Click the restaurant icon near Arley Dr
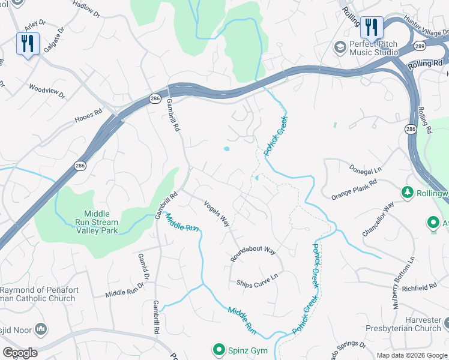tap(28, 44)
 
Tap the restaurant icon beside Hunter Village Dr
tap(372, 28)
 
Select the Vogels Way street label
tap(217, 213)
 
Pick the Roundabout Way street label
tap(253, 254)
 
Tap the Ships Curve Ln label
tap(258, 280)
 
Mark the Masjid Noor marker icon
tap(41, 328)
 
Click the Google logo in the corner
tap(20, 353)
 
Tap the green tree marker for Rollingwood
tap(408, 192)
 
